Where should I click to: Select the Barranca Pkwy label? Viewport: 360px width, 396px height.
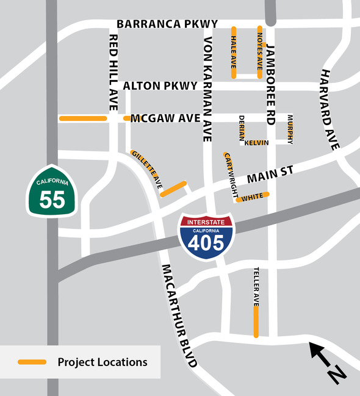[167, 24]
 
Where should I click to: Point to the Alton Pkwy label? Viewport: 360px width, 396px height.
[160, 86]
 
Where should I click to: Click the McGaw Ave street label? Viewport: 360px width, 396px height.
[165, 118]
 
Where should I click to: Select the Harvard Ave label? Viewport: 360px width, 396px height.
[329, 110]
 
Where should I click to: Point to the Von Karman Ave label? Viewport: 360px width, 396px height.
[207, 89]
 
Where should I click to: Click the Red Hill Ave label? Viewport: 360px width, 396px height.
[113, 72]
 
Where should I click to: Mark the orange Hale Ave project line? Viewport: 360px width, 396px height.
[234, 52]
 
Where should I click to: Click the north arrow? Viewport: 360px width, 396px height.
[326, 362]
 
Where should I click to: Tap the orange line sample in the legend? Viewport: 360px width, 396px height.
[32, 362]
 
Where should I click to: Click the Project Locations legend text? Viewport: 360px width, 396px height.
[103, 362]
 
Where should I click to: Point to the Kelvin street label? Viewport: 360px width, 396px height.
[257, 142]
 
